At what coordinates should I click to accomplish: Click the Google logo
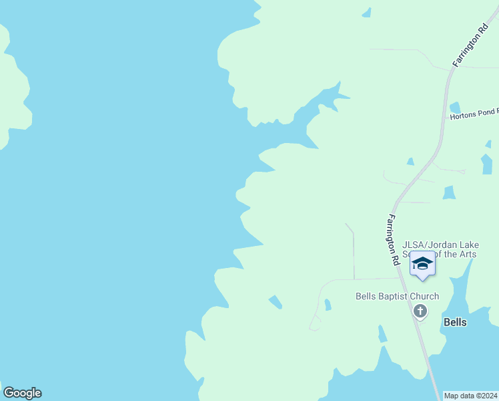(x=22, y=393)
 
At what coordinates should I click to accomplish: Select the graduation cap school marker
(x=422, y=265)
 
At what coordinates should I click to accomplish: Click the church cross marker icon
(x=420, y=310)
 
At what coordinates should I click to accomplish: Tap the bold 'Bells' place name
(x=455, y=322)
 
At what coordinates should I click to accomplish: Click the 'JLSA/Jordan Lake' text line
(x=440, y=245)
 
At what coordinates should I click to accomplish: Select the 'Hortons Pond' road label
(x=474, y=116)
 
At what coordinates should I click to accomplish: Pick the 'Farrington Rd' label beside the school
(x=394, y=239)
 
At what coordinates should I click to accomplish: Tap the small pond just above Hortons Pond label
(x=455, y=107)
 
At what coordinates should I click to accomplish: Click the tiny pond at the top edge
(x=366, y=11)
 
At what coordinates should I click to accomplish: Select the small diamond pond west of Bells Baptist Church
(x=275, y=302)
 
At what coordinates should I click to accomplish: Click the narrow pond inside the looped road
(x=328, y=305)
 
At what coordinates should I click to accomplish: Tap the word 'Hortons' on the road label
(x=464, y=116)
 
